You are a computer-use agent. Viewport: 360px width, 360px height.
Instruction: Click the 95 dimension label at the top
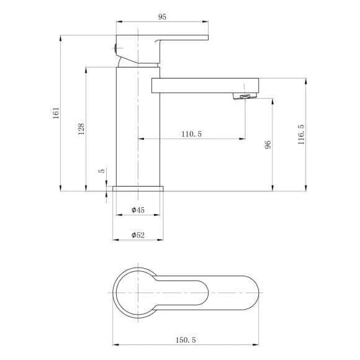click(162, 17)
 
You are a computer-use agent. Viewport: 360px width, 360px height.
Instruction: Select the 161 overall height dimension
click(56, 113)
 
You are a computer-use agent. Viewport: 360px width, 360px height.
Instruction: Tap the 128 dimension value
click(81, 129)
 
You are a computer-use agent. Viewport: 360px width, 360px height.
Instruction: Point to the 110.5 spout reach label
click(191, 134)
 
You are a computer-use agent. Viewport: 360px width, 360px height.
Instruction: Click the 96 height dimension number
click(268, 145)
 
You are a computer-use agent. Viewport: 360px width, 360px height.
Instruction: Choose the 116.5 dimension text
click(301, 135)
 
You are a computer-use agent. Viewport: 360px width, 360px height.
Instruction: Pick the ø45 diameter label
click(138, 210)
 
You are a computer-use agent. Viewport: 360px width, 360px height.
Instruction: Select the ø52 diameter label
click(138, 235)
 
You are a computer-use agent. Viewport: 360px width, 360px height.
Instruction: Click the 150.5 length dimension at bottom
click(186, 340)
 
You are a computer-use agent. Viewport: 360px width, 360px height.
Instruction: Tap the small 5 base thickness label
click(101, 171)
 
